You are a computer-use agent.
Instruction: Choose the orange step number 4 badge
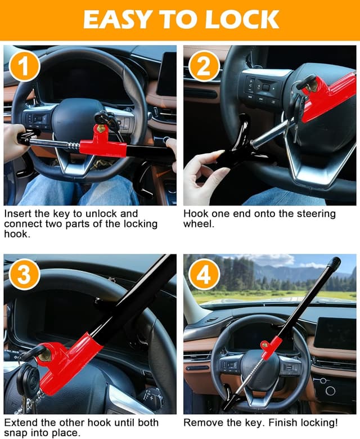204,275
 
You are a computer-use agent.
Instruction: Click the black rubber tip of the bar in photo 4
334,263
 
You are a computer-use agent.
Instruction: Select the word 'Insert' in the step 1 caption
16,214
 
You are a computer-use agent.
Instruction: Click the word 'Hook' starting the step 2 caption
195,214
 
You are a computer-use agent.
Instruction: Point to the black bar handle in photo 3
135,298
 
